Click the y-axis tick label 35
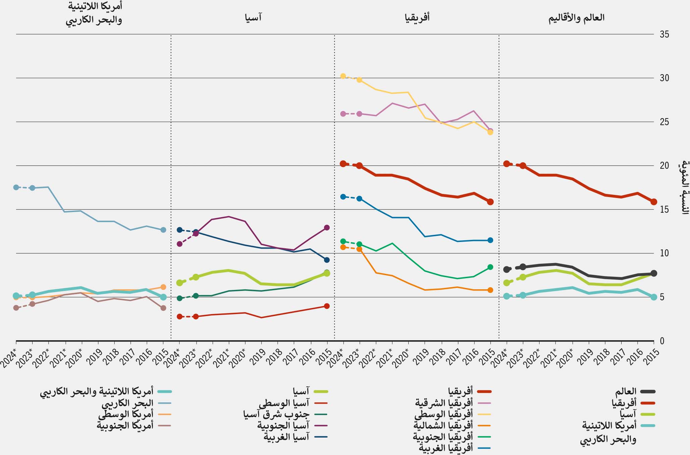click(x=664, y=34)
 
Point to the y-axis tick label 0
click(x=662, y=341)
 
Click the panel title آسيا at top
click(x=253, y=17)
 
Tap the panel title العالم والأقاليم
click(x=576, y=18)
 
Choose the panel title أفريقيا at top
click(x=417, y=17)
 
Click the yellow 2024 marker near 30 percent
click(x=343, y=76)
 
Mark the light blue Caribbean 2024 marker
click(x=16, y=187)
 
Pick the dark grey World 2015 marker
click(x=654, y=273)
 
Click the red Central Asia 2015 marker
click(x=327, y=306)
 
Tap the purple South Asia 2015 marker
click(x=327, y=227)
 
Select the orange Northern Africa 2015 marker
click(x=490, y=290)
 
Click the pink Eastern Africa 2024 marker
click(x=343, y=114)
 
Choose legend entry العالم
click(x=626, y=391)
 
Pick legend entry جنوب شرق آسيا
click(x=276, y=414)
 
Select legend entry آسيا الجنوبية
click(x=283, y=425)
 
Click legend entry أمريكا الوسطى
click(x=126, y=414)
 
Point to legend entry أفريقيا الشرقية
click(x=444, y=403)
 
